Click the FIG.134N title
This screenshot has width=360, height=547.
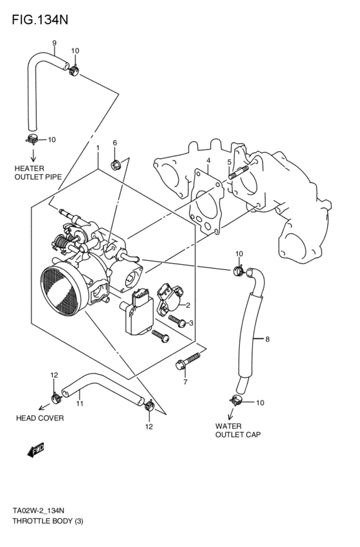pos(40,19)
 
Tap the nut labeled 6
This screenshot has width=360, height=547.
pos(116,164)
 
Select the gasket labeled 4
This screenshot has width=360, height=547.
pos(206,199)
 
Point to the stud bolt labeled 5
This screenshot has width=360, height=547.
pos(237,173)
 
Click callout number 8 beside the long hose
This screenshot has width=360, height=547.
pos(267,339)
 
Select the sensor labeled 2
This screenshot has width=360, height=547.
pos(171,296)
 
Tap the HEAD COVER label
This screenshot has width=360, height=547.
pos(40,418)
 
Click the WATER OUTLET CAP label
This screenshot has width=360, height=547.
pos(238,430)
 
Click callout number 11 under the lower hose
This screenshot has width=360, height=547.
pos(80,404)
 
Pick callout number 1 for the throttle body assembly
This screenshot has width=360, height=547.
pos(97,148)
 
